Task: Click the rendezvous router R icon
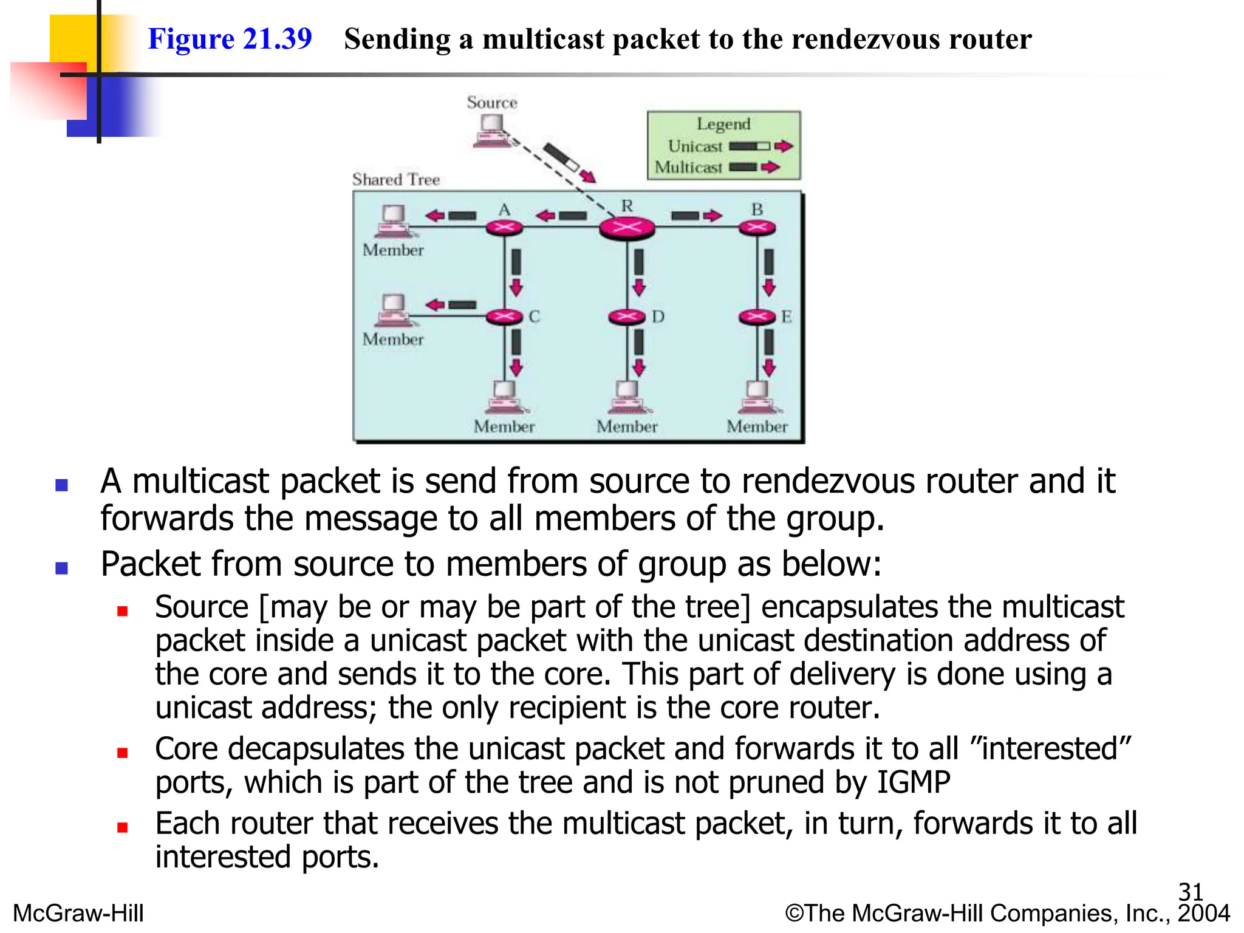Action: coord(627,228)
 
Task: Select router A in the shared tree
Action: coord(504,228)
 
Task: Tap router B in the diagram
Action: coord(757,228)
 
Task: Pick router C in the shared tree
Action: coord(504,316)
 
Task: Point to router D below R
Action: coord(627,316)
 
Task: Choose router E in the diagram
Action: coord(757,316)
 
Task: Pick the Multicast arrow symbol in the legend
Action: coord(754,167)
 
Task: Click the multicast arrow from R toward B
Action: coord(696,216)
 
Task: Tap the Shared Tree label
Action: coord(395,180)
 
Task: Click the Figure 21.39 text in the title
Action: coord(230,39)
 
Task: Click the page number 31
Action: coord(1190,892)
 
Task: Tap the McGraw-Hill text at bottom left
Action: coord(78,913)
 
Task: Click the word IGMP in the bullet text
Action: coord(914,782)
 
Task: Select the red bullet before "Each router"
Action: coord(123,827)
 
